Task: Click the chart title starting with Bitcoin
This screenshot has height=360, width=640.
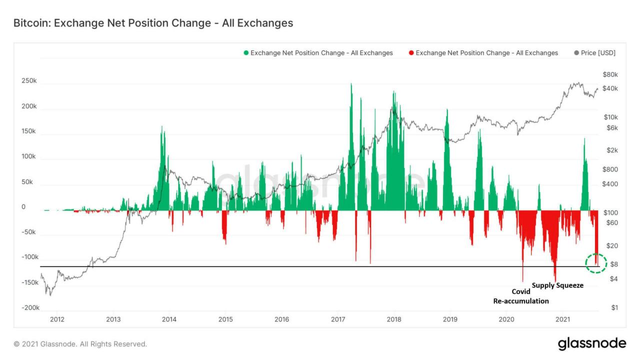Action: pyautogui.click(x=152, y=23)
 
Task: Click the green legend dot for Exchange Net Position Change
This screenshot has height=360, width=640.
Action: pyautogui.click(x=245, y=53)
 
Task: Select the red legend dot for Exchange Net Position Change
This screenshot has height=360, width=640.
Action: pyautogui.click(x=411, y=53)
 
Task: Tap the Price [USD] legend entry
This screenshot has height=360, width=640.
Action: pyautogui.click(x=594, y=53)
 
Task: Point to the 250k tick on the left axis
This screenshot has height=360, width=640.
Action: pyautogui.click(x=28, y=81)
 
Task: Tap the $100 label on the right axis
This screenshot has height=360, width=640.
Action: pyautogui.click(x=610, y=212)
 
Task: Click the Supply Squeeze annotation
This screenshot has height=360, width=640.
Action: pyautogui.click(x=557, y=285)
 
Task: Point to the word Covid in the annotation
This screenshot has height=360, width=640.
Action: pyautogui.click(x=520, y=291)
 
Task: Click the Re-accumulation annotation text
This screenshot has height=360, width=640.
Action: pyautogui.click(x=520, y=301)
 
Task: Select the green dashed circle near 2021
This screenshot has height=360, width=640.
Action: pyautogui.click(x=596, y=263)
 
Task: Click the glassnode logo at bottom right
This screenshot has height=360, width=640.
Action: pyautogui.click(x=591, y=343)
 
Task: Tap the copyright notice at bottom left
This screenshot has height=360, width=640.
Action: pyautogui.click(x=80, y=344)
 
